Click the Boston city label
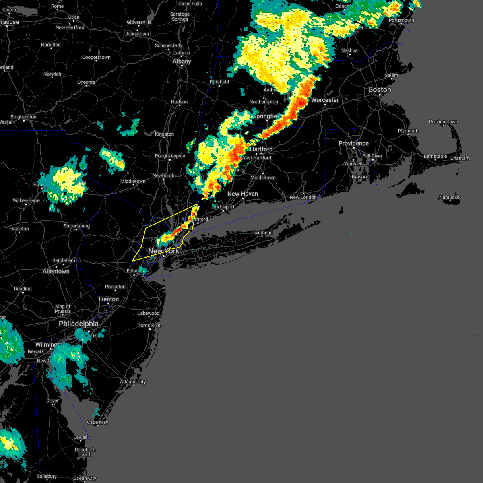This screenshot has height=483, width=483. coord(380,90)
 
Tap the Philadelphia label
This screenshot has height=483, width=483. coord(78,324)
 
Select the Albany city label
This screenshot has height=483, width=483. coord(182,62)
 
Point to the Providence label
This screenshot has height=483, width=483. coord(353,144)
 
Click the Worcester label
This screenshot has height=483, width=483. coord(325,100)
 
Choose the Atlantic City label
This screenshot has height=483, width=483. coord(133,382)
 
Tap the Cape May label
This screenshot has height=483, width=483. coord(98,422)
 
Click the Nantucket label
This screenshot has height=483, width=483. coord(450,197)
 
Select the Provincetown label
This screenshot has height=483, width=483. coord(443,122)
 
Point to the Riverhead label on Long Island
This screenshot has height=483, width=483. coord(262,233)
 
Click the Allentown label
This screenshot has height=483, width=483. coord(56,272)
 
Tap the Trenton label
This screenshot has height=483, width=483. coord(108,299)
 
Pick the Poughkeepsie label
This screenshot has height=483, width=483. coord(170,156)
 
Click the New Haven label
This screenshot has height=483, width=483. coord(243,194)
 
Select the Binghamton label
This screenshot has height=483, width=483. coord(23,117)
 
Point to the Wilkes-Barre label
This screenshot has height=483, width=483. coord(26,200)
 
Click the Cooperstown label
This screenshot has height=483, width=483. coord(96,58)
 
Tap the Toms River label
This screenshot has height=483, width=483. coord(150,325)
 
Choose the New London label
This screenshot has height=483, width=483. coord(303,197)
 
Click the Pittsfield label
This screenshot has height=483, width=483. coord(219,82)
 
